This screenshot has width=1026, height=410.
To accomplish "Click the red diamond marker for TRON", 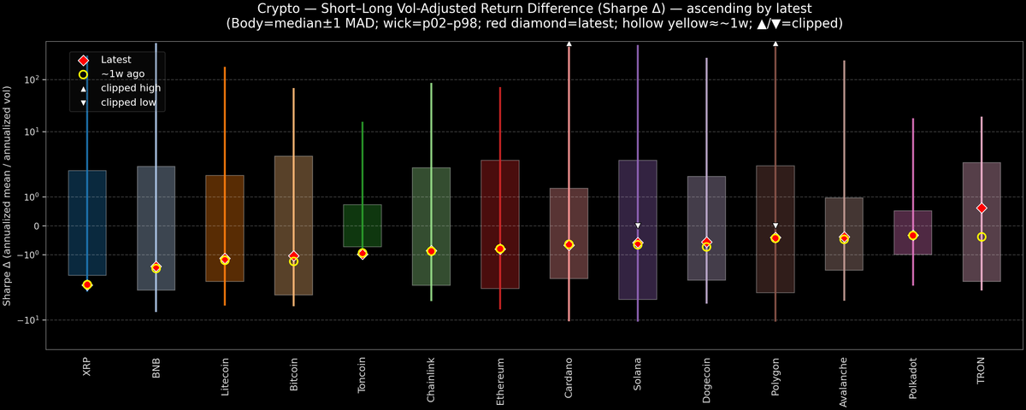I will pyautogui.click(x=982, y=208).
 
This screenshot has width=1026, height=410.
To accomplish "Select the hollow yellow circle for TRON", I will pyautogui.click(x=982, y=237).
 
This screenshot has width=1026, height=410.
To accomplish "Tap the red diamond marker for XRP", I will pyautogui.click(x=87, y=284).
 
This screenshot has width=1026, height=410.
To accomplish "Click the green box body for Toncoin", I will pyautogui.click(x=363, y=225).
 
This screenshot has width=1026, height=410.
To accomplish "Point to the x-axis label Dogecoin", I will pyautogui.click(x=706, y=379).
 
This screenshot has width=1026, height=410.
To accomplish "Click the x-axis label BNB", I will pyautogui.click(x=156, y=368).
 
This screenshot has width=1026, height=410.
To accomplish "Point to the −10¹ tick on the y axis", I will pyautogui.click(x=30, y=319).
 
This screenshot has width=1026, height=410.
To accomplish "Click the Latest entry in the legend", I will pyautogui.click(x=115, y=60).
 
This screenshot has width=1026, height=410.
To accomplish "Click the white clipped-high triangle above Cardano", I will pyautogui.click(x=569, y=43).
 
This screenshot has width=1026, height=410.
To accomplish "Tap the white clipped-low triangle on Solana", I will pyautogui.click(x=638, y=225).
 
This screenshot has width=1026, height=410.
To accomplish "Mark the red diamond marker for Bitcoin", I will pyautogui.click(x=293, y=256).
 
